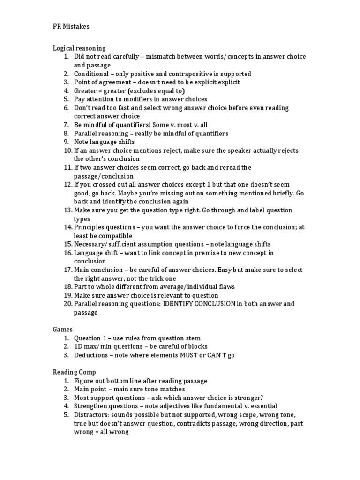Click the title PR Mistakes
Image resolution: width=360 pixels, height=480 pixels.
[x=71, y=27]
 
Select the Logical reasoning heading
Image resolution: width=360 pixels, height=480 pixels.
[x=79, y=48]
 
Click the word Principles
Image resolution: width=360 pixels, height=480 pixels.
[x=89, y=227]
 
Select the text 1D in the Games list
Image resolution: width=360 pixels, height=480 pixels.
[x=79, y=346]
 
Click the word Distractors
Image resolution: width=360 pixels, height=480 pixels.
[x=91, y=415]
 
